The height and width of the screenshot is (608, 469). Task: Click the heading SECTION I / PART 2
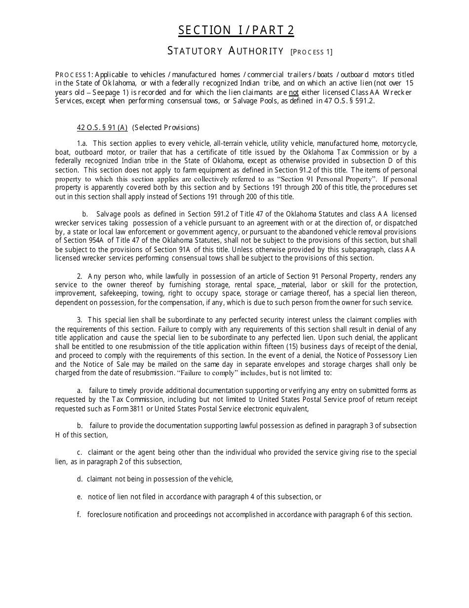(x=236, y=31)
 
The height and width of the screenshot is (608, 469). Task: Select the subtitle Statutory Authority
(x=226, y=51)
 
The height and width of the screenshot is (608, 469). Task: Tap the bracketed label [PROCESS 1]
(x=312, y=52)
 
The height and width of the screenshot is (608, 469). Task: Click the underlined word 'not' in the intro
(x=294, y=92)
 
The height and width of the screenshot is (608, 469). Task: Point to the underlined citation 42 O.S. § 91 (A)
(x=102, y=128)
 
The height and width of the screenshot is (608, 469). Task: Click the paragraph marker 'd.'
(x=79, y=479)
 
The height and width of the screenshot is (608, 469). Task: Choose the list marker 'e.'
(x=79, y=497)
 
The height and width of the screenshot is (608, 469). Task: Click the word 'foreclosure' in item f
(x=105, y=515)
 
